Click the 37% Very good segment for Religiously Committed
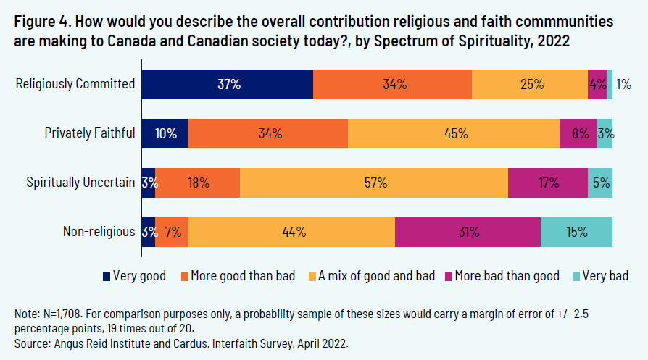pyautogui.click(x=227, y=84)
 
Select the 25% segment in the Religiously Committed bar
pyautogui.click(x=529, y=84)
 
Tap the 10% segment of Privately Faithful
pyautogui.click(x=165, y=133)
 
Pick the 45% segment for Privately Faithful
pyautogui.click(x=454, y=133)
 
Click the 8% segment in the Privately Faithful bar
pyautogui.click(x=578, y=133)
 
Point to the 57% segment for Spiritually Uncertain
pyautogui.click(x=374, y=183)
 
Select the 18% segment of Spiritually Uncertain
pyautogui.click(x=197, y=183)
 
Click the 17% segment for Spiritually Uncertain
pyautogui.click(x=548, y=183)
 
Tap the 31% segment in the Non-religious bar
pyautogui.click(x=468, y=232)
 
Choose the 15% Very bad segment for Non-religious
pyautogui.click(x=576, y=232)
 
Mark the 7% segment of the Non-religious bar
pyautogui.click(x=172, y=232)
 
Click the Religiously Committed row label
pyautogui.click(x=76, y=84)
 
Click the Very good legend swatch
pyautogui.click(x=107, y=276)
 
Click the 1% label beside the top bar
pyautogui.click(x=623, y=84)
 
